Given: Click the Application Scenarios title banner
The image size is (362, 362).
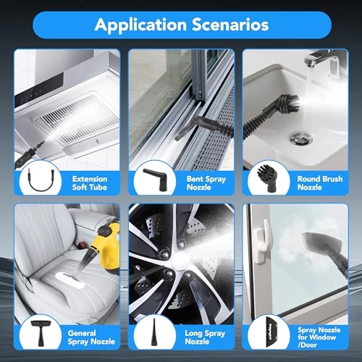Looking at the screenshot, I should pyautogui.click(x=180, y=25).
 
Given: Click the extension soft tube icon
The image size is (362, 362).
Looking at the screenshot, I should pyautogui.click(x=34, y=182).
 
